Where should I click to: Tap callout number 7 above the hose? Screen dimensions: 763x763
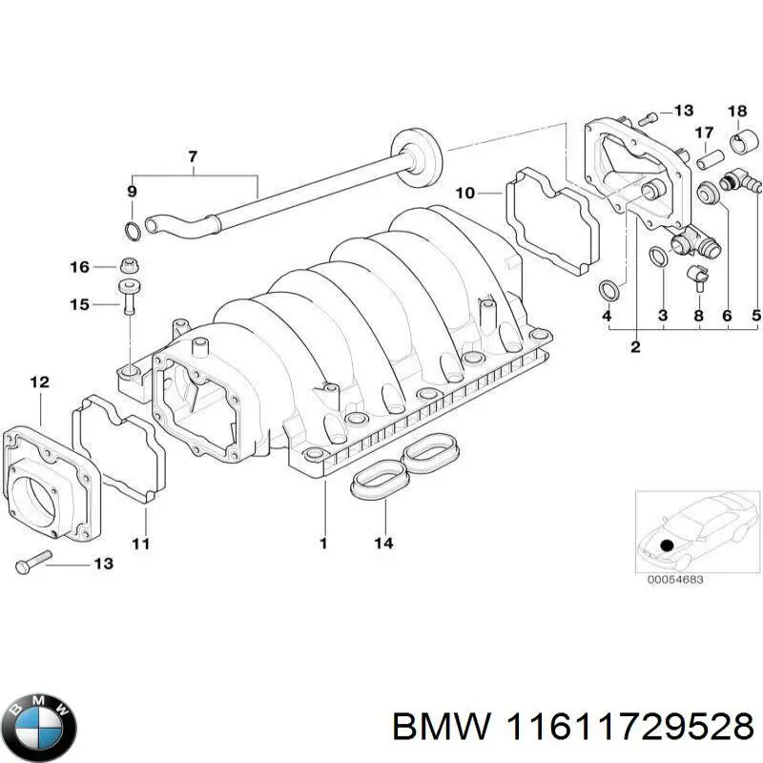coord(194,155)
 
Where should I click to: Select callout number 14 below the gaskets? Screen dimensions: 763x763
coord(382,544)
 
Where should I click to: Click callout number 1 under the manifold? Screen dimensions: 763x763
coord(323,544)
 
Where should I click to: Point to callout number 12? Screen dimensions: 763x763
coord(38,383)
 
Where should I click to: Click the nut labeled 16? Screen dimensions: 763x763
coord(129,265)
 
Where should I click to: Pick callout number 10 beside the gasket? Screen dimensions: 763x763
coord(464,194)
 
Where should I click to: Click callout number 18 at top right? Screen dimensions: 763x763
coord(738,112)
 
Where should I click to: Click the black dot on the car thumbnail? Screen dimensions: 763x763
coord(668,546)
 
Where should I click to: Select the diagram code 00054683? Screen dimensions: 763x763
coord(675,578)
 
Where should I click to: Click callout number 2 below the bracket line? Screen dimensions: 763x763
coord(634,347)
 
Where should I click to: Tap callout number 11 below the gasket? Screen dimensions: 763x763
coord(141,544)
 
